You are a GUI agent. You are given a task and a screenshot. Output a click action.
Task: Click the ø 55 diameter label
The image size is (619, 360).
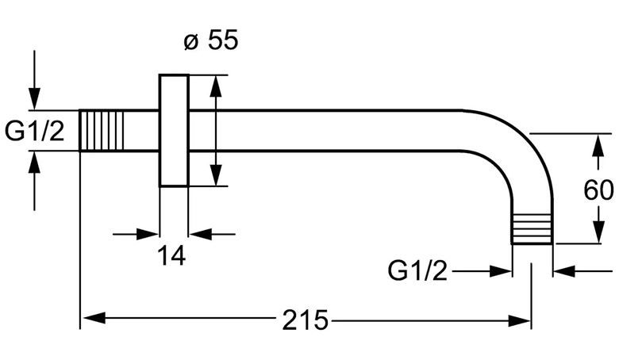pos(211,40)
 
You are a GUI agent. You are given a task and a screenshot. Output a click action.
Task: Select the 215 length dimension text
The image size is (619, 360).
pos(306,320)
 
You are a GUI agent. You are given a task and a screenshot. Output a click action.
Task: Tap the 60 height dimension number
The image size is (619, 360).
pos(598,190)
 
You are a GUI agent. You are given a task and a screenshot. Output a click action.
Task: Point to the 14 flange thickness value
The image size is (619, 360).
pos(171,255)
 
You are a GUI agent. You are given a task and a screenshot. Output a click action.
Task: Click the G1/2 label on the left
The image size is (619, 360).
pos(34,131)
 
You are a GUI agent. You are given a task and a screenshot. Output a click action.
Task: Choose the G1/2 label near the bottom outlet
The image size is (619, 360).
pos(417,270)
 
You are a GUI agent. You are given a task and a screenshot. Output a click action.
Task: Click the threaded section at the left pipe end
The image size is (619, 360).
pos(102,131)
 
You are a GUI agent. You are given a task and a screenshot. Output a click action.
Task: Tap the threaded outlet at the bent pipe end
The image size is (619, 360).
pos(532,228)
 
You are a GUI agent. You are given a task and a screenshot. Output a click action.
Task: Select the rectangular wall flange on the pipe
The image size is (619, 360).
pos(174,131)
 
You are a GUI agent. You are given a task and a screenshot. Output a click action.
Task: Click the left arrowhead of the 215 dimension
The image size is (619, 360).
pos(94,317)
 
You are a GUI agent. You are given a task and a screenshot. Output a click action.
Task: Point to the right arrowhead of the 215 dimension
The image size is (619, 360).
pos(519,320)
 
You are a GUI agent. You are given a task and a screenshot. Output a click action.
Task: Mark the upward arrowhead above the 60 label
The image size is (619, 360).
pos(599,145)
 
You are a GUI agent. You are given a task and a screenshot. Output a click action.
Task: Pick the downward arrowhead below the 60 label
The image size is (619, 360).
pos(599,231)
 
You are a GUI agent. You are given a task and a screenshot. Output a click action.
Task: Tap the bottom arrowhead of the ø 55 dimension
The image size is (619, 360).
pos(216,174)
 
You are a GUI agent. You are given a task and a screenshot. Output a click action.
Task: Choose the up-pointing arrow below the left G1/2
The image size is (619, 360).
pos(34,181)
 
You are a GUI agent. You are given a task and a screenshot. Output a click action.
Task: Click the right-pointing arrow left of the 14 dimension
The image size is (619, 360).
pos(136,234)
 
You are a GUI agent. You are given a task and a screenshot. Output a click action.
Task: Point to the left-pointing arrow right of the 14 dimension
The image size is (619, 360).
pos(213,234)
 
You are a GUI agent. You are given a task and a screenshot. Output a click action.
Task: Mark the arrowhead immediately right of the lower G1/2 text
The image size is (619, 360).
pos(500,271)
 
